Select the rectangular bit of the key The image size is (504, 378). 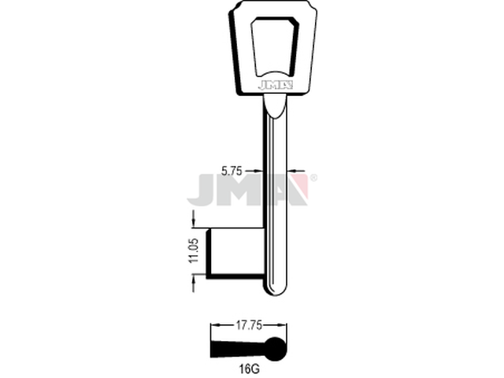click(x=235, y=252)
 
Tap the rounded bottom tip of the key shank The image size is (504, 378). click(x=276, y=290)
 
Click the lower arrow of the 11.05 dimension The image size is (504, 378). click(x=191, y=281)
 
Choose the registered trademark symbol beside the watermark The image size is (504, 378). click(x=313, y=179)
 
